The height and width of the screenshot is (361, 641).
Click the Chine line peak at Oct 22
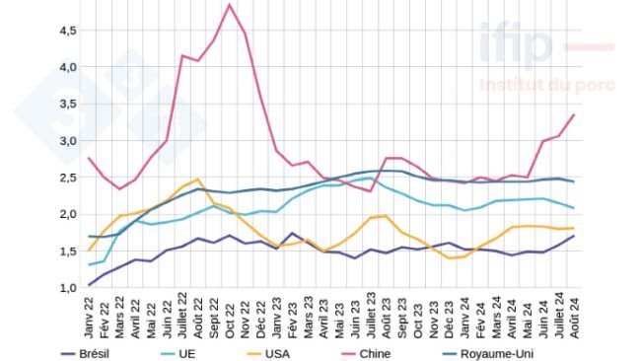click(x=230, y=5)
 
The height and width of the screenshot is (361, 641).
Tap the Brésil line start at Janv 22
click(x=89, y=285)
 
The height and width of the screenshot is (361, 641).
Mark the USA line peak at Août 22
click(x=198, y=180)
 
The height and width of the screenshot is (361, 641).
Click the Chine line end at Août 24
click(x=574, y=114)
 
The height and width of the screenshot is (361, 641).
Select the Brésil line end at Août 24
click(x=574, y=236)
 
